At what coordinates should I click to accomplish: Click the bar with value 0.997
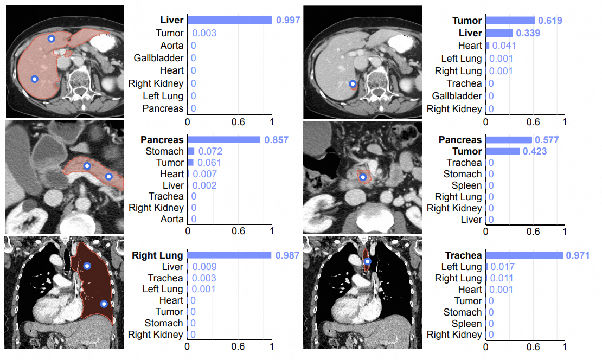pos(229,20)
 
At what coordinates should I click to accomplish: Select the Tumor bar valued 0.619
pos(510,21)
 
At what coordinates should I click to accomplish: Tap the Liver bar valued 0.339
pos(499,33)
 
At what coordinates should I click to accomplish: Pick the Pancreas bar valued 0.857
pos(224,140)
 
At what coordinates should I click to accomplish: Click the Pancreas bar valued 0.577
pos(508,140)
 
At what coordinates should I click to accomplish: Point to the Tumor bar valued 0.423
pos(502,151)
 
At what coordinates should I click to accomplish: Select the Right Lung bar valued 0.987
pos(229,255)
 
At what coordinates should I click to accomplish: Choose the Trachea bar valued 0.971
pos(524,255)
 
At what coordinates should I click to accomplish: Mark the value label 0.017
pos(502,267)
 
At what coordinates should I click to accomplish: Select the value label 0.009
pos(204,267)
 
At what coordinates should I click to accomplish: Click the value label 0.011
pos(501,278)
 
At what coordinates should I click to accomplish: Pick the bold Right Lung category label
pos(158,255)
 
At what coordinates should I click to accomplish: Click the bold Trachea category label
pos(463,255)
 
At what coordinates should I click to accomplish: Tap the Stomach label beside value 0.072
pos(165,151)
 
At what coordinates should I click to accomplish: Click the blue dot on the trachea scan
pos(367,262)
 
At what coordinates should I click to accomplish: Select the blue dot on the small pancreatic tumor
pos(363,177)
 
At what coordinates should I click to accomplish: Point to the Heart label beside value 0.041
pos(470,46)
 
